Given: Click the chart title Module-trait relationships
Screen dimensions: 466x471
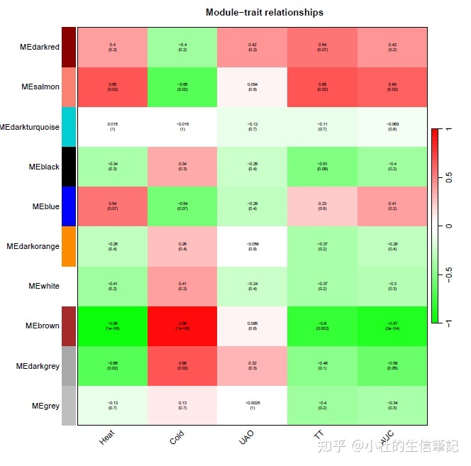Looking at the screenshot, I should pos(264,13).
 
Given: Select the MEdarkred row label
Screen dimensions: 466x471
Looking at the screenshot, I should pos(40,48).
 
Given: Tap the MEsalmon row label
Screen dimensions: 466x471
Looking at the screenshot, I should pos(40,87).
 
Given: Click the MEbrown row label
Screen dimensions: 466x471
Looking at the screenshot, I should pos(42,326).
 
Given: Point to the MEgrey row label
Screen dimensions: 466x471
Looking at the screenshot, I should pos(44,406).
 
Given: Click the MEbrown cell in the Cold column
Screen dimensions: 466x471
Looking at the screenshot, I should pos(182,326).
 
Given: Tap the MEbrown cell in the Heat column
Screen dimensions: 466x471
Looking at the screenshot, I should pos(113,326).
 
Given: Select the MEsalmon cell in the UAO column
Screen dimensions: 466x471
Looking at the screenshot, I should pos(253,87).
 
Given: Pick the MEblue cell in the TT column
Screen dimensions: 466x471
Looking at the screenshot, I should pos(322,206).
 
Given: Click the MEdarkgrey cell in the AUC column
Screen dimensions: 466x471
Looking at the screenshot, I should pos(392,366).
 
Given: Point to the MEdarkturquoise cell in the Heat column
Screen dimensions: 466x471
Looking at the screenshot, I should pos(113,127).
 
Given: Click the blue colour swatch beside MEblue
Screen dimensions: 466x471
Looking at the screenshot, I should pos(69,206).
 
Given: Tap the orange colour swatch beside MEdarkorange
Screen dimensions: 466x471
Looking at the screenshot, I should pos(69,246).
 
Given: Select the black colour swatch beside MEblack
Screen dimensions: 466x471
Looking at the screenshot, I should pos(69,167).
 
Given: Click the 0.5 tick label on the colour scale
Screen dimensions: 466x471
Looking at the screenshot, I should pos(449,177).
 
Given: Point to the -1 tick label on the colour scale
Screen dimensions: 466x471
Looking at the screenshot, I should pos(449,323).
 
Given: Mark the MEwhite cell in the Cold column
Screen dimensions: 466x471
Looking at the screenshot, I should pos(182,286).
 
